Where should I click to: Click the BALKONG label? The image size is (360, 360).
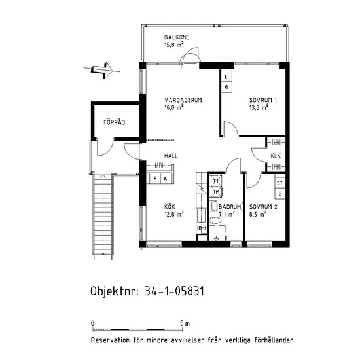(x=177, y=37)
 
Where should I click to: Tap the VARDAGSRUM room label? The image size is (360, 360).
(x=183, y=100)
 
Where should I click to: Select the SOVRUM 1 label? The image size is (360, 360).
(x=263, y=100)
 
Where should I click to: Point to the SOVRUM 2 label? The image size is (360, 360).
(x=263, y=207)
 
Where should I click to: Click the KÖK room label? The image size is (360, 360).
(x=170, y=206)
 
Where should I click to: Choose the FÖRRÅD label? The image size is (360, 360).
(x=114, y=122)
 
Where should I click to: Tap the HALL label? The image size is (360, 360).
(x=171, y=156)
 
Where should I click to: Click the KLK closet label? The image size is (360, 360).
(x=276, y=156)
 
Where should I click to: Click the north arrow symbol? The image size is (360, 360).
(x=102, y=70)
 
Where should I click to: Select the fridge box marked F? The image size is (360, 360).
(x=155, y=179)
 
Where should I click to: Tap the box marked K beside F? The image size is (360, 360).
(x=166, y=179)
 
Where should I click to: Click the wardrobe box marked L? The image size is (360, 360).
(x=226, y=77)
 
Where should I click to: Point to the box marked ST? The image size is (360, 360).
(x=280, y=183)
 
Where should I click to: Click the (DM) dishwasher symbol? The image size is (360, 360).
(x=202, y=228)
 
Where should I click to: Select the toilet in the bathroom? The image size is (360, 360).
(x=215, y=221)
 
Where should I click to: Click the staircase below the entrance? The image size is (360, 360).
(x=103, y=216)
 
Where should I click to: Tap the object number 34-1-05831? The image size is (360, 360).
(x=174, y=291)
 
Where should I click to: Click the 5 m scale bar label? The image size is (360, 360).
(x=185, y=324)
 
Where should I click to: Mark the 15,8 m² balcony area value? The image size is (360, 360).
(x=174, y=45)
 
